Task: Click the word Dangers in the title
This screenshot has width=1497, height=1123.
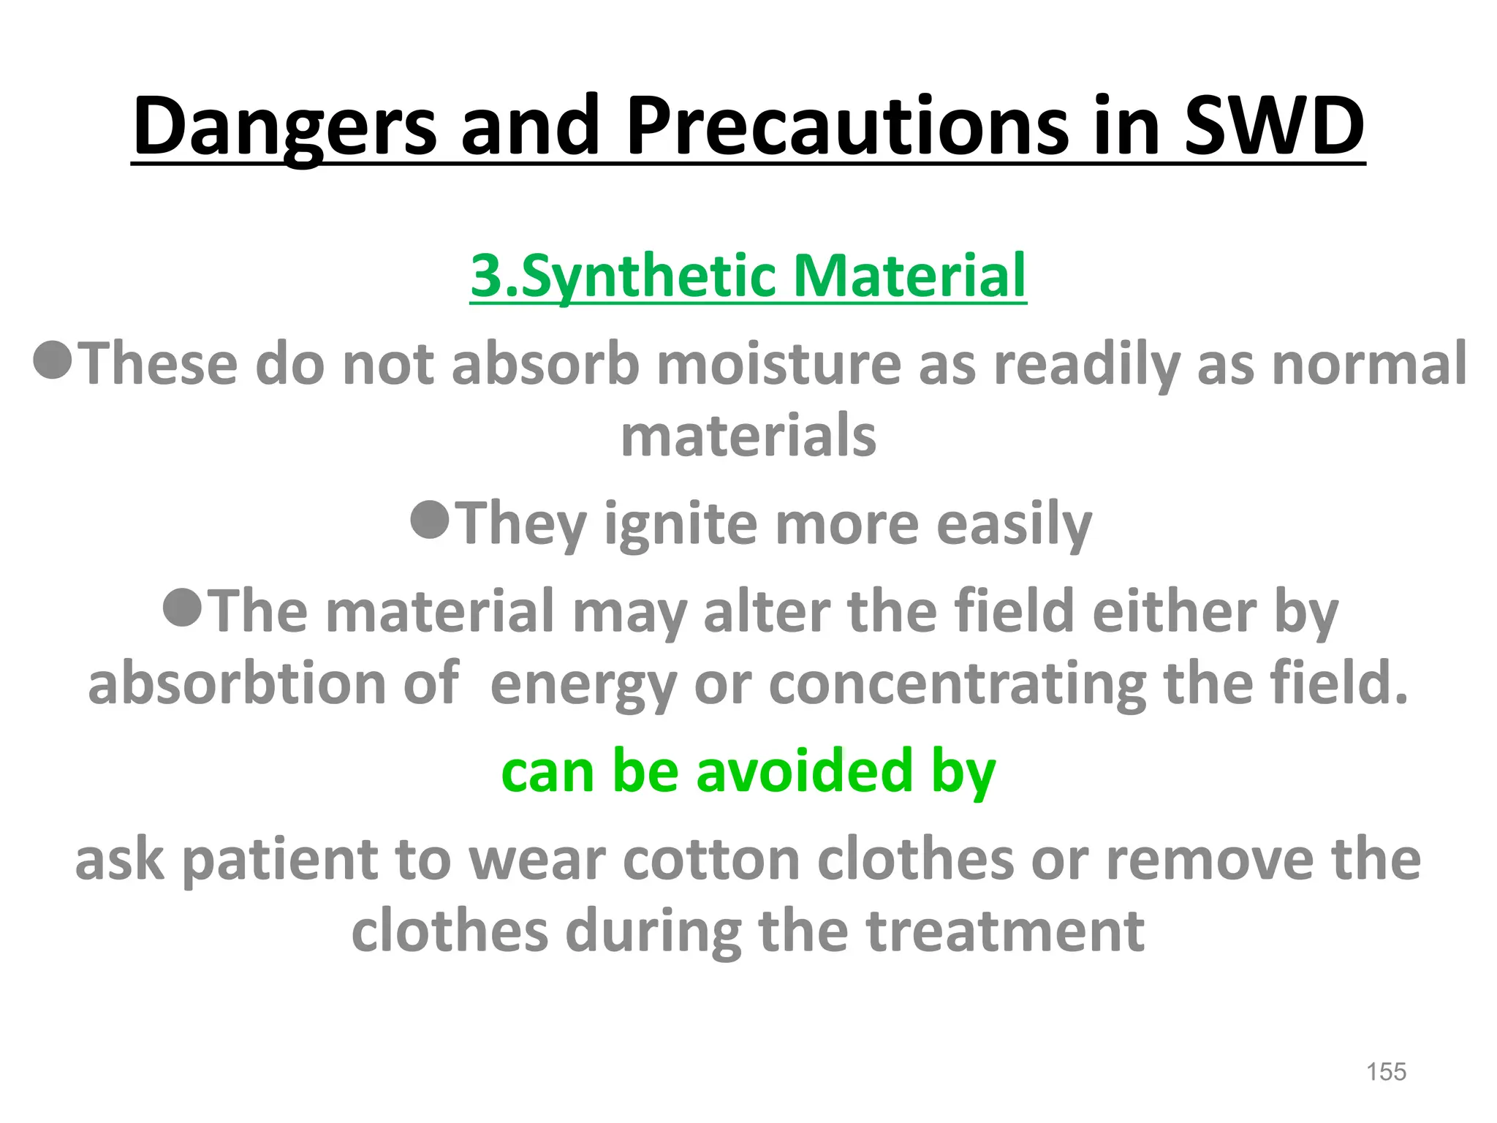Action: pyautogui.click(x=284, y=127)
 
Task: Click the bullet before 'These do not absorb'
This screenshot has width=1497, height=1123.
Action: pyautogui.click(x=53, y=360)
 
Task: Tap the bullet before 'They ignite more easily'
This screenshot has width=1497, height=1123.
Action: pyautogui.click(x=430, y=520)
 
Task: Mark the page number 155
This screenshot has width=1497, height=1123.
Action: pyautogui.click(x=1386, y=1072)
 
